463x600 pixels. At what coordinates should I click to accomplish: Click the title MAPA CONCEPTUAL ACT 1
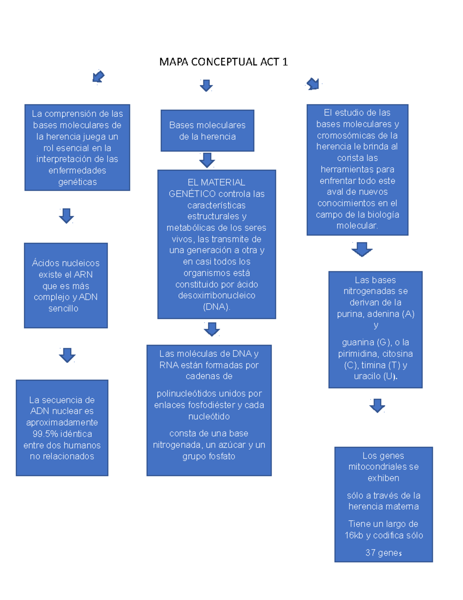(223, 62)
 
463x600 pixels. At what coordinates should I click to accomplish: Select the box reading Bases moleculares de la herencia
(207, 131)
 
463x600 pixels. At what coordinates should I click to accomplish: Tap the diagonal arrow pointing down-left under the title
(98, 76)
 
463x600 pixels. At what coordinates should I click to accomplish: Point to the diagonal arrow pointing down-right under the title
(313, 83)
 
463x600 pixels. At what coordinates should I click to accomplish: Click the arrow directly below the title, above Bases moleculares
(206, 85)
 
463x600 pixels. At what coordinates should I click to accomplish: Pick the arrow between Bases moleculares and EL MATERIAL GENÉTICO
(207, 160)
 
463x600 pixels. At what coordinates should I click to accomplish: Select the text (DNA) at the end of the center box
(216, 307)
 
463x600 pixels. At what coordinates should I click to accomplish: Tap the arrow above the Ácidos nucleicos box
(66, 216)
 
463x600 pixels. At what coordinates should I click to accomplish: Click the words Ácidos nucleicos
(66, 263)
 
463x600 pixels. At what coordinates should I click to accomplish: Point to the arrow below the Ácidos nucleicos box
(67, 355)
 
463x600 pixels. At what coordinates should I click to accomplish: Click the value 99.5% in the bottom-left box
(45, 434)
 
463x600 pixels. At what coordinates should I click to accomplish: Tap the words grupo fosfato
(209, 456)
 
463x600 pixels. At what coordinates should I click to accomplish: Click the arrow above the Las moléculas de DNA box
(211, 329)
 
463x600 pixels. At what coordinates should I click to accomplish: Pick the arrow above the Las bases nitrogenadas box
(362, 249)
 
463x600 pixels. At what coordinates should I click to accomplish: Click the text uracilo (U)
(375, 376)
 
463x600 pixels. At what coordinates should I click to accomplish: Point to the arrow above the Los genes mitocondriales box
(377, 405)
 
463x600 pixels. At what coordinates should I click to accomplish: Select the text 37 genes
(384, 553)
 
